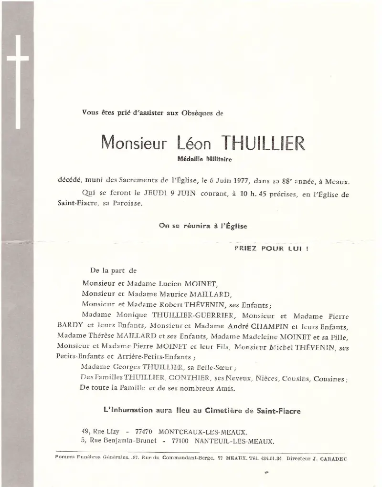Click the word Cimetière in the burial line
point(237,411)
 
